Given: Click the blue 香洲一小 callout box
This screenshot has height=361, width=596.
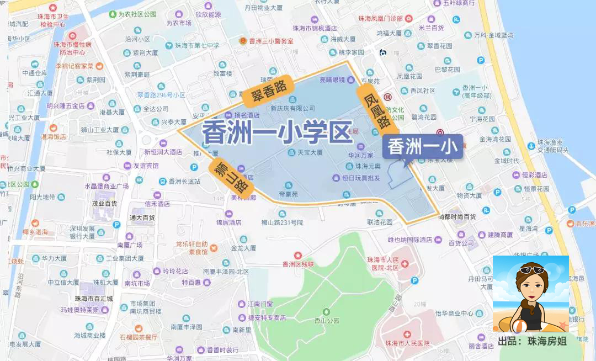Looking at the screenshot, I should [x=422, y=147].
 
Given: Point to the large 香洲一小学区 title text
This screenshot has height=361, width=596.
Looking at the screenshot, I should [x=276, y=133].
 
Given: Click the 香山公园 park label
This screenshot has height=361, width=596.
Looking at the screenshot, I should [x=326, y=320].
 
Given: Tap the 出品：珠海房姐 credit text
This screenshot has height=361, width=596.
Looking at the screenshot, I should [x=532, y=341].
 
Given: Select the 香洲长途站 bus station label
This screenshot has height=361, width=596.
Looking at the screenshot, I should [x=184, y=181].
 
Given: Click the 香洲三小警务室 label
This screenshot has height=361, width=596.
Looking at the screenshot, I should [x=271, y=41].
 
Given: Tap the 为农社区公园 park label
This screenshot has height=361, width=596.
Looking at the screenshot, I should [x=136, y=14].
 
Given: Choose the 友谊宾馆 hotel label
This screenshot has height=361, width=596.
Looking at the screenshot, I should [x=146, y=166].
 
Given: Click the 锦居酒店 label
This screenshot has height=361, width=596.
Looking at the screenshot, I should [x=228, y=222].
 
